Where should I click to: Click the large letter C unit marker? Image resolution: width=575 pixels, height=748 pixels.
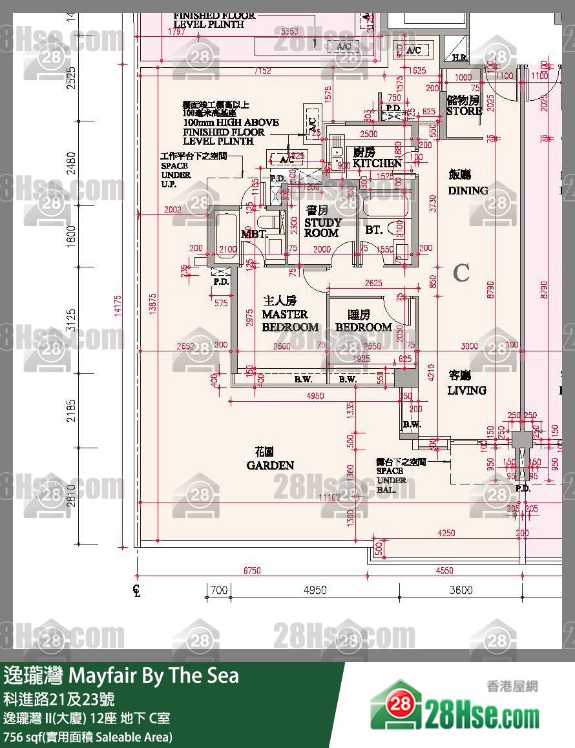coord(461,273)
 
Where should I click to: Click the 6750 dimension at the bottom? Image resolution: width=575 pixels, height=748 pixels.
coord(252,570)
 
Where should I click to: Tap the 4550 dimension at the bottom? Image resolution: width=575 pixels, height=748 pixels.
coord(444,570)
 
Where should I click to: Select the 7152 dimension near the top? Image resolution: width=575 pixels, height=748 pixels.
coord(263,70)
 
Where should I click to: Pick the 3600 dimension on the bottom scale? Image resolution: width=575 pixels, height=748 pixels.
coord(461,590)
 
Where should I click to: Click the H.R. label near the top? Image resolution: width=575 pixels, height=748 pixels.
coord(459,57)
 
